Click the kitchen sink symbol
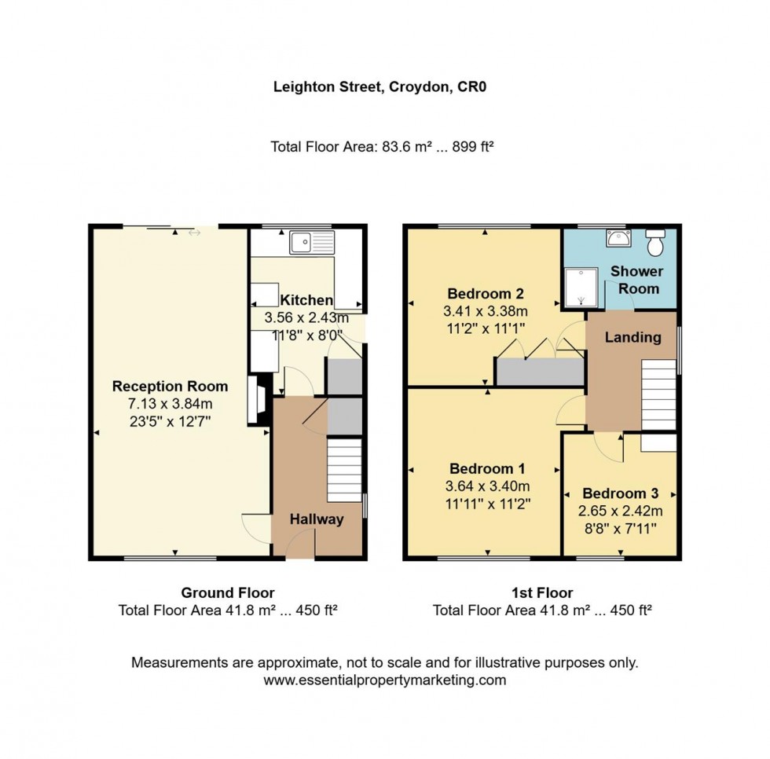pyautogui.click(x=312, y=242)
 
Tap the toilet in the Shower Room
pyautogui.click(x=654, y=244)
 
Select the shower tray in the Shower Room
pyautogui.click(x=581, y=288)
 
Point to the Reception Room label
pyautogui.click(x=170, y=387)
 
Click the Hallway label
pyautogui.click(x=317, y=519)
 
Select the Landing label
pyautogui.click(x=632, y=338)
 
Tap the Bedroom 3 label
pyautogui.click(x=620, y=494)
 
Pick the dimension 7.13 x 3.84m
pyautogui.click(x=170, y=404)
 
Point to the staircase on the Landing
pyautogui.click(x=659, y=395)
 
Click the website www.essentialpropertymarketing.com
pyautogui.click(x=385, y=680)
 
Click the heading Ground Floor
pyautogui.click(x=228, y=592)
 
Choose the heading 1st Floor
pyautogui.click(x=543, y=592)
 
